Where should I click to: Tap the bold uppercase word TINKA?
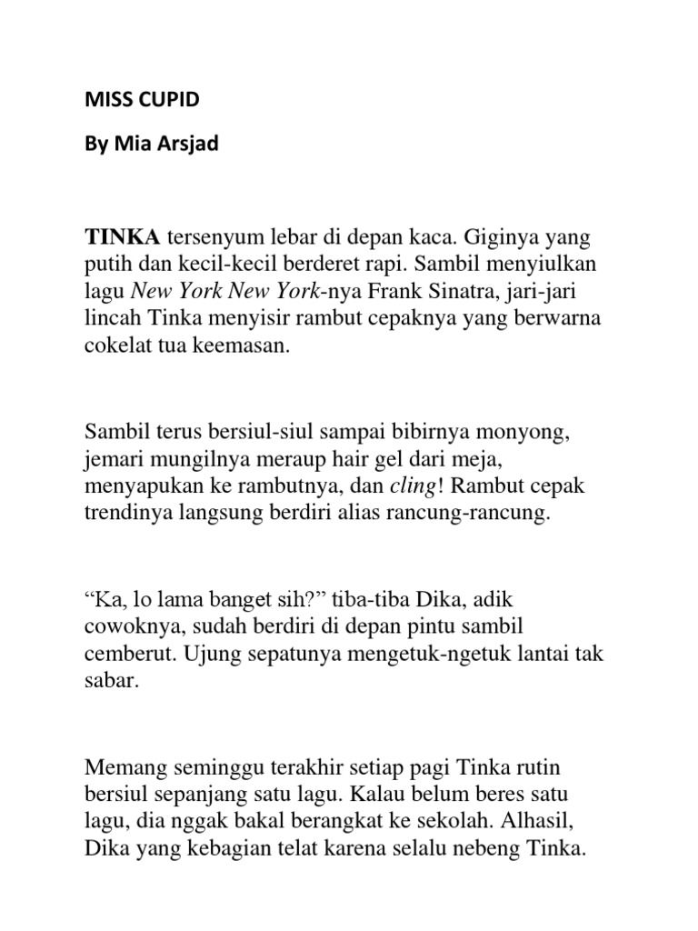[x=123, y=238]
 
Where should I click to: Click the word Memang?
[x=124, y=769]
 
